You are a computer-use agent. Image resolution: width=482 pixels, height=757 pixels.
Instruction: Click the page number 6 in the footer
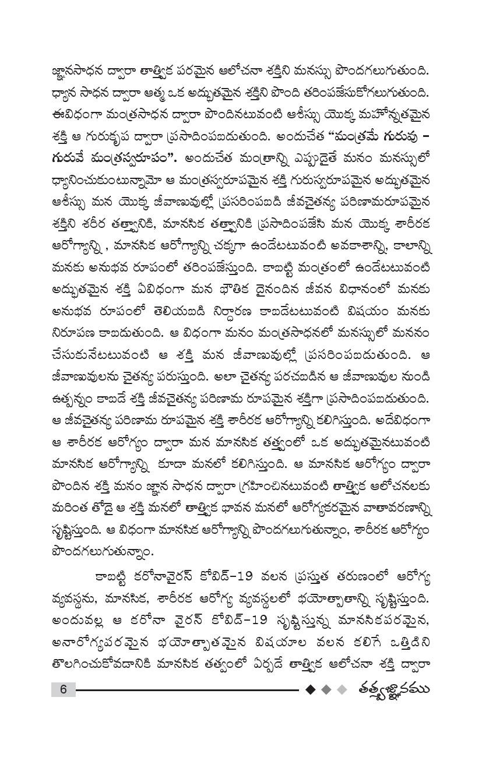pos(64,689)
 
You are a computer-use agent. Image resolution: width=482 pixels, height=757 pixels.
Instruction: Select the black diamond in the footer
pos(311,689)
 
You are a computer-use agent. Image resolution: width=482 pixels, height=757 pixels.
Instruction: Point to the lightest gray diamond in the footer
pos(343,689)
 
